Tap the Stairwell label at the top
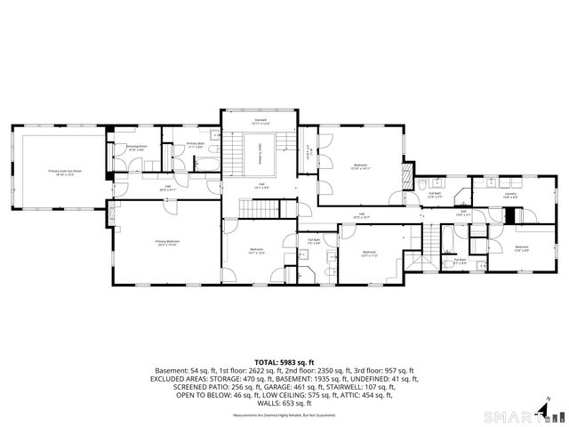[260, 120]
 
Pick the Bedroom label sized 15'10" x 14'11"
[360, 166]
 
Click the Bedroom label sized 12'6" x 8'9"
[521, 247]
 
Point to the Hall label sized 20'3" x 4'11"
[167, 188]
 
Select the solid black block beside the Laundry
[510, 215]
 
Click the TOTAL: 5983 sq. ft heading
[284, 362]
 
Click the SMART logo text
[511, 415]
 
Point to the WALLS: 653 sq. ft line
[284, 402]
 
